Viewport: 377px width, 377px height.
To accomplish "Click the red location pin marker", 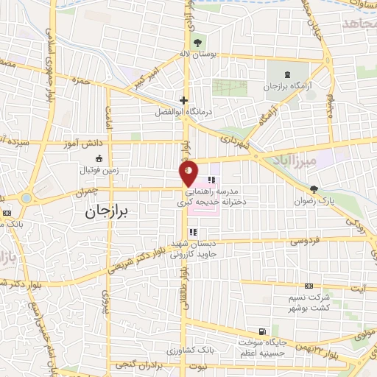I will point(189,174).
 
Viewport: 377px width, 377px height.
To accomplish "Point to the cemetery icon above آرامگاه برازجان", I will point(287,74).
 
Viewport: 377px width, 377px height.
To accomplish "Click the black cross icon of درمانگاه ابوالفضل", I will point(183,101).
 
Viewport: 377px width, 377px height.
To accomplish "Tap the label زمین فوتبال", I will point(99,169).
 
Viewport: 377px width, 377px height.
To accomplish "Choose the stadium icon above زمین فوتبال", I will point(99,157).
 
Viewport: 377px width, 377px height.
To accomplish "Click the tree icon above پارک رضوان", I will point(314,189).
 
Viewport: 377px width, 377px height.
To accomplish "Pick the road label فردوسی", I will point(303,240).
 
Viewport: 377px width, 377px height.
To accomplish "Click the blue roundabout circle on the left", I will point(27,197).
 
